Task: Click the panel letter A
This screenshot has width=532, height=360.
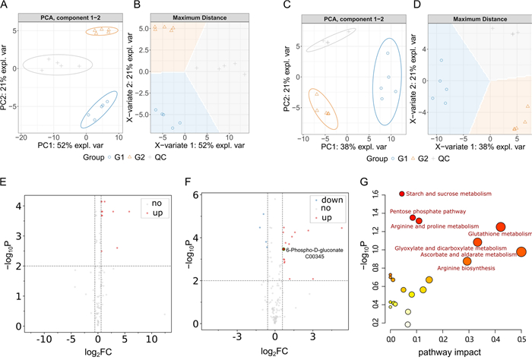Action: tap(7, 7)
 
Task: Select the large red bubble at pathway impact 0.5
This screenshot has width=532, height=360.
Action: tap(521, 252)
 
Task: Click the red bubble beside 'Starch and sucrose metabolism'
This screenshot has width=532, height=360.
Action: tap(402, 194)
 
